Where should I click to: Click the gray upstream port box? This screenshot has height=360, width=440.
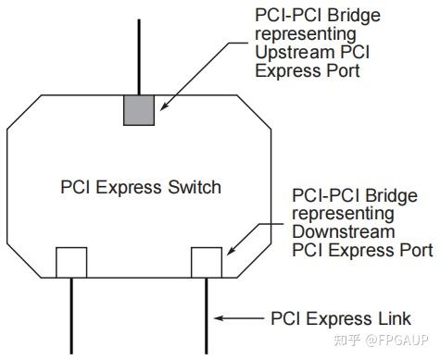tap(139, 108)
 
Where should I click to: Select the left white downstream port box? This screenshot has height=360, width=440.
tap(71, 263)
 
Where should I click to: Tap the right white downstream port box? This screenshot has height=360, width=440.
tap(206, 263)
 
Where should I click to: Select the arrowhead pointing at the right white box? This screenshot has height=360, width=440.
tap(228, 252)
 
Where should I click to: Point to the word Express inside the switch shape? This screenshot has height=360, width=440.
tap(134, 188)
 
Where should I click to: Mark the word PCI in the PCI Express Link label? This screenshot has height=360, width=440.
tap(284, 319)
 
